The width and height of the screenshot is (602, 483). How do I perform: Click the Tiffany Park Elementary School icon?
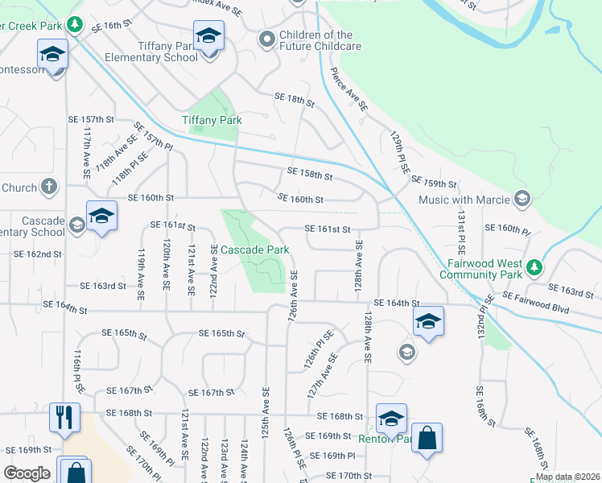(x=208, y=36)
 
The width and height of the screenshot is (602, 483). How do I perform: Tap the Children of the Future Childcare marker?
(x=266, y=39)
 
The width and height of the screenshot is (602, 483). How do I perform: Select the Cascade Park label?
(x=255, y=250)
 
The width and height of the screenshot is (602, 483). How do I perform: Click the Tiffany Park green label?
(x=212, y=121)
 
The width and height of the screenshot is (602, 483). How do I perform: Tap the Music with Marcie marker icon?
(x=522, y=199)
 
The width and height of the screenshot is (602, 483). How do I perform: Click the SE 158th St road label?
(x=310, y=173)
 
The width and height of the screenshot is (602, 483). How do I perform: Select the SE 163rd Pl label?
(x=570, y=289)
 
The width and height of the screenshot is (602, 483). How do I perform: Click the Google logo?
(x=27, y=473)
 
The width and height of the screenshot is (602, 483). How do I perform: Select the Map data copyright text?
(x=568, y=477)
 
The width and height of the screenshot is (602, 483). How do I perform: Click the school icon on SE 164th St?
(x=428, y=323)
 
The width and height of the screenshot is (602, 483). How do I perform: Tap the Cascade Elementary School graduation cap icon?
(x=101, y=216)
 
